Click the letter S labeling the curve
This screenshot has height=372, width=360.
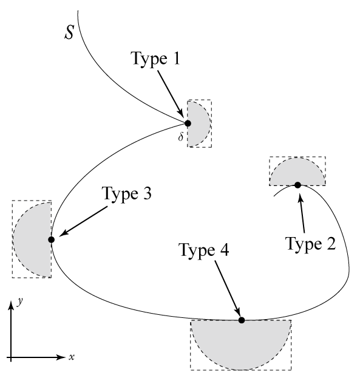[70, 32]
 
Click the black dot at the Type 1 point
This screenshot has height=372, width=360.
[188, 123]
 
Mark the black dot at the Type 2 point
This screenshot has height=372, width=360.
[298, 185]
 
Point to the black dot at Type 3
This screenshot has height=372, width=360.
[52, 239]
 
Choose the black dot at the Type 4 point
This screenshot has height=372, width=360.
[242, 320]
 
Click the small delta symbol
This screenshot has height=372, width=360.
[180, 137]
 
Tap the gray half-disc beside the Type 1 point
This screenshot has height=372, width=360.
[197, 123]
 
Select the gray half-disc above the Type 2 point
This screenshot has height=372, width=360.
[297, 173]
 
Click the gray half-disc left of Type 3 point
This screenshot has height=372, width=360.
[33, 239]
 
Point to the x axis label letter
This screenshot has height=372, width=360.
[71, 357]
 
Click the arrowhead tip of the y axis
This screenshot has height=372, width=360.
[11, 300]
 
